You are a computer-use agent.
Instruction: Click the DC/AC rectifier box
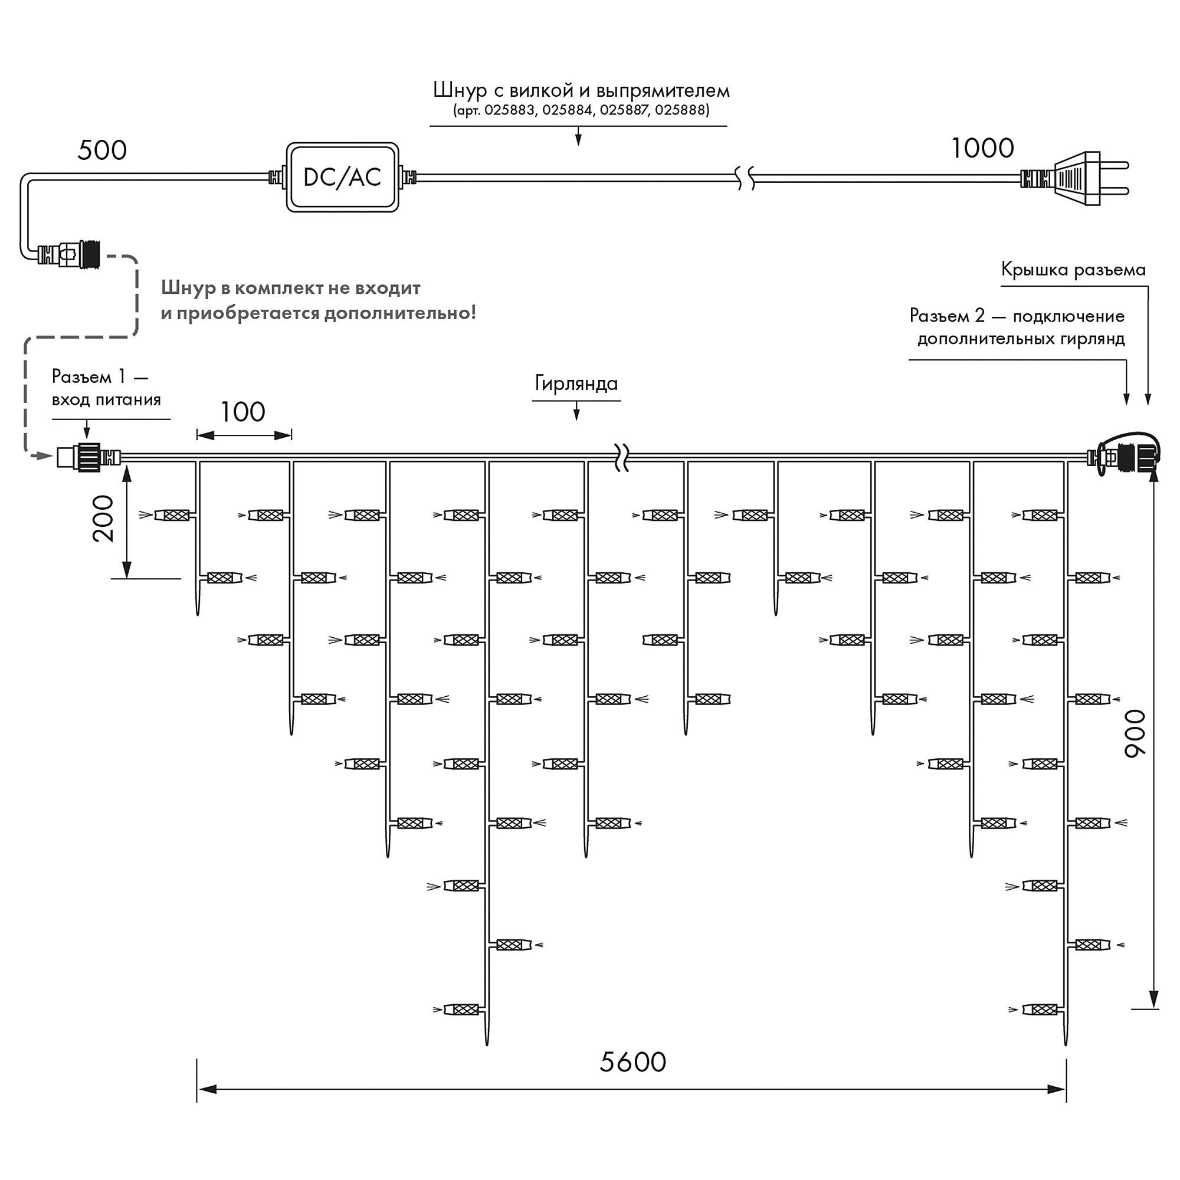pos(343,177)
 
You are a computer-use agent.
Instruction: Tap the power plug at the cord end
pos(1075,178)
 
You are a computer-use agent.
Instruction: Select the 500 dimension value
pos(102,150)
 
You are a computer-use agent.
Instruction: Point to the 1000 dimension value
pos(983,149)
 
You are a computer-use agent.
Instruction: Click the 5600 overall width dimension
pos(632,1062)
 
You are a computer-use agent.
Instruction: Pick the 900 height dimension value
pos(1135,733)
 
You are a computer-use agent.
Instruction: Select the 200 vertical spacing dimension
pos(103,519)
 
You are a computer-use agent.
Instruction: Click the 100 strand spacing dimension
pos(242,412)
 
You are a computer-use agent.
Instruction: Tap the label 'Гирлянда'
pos(576,383)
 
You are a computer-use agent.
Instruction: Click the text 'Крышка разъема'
pos(1073,270)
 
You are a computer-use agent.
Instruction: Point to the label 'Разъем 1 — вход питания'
pos(106,388)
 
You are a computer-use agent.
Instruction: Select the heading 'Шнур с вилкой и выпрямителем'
pos(581,90)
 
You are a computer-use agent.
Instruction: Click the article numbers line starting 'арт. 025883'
pos(581,110)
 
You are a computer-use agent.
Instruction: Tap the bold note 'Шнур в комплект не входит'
pos(291,288)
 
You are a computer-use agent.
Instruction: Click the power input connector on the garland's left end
pos(88,457)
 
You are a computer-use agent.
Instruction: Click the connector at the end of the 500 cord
pos(68,254)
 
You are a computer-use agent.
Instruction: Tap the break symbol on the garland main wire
pos(622,457)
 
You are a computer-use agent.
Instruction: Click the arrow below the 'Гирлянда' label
pos(576,412)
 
